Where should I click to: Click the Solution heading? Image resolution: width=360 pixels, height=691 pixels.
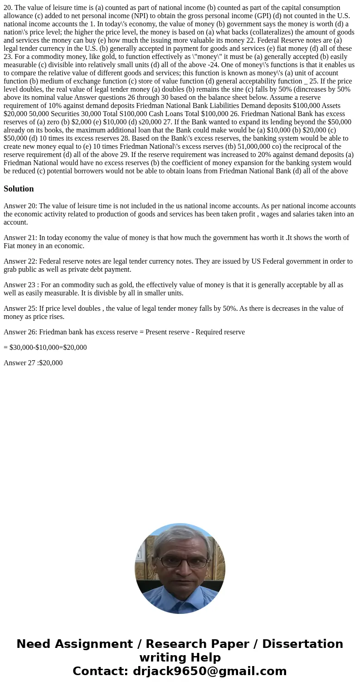pyautogui.click(x=19, y=189)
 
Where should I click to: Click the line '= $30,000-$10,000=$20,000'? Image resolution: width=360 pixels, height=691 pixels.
pyautogui.click(x=45, y=348)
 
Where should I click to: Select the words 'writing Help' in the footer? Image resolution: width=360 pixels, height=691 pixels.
pyautogui.click(x=180, y=658)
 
